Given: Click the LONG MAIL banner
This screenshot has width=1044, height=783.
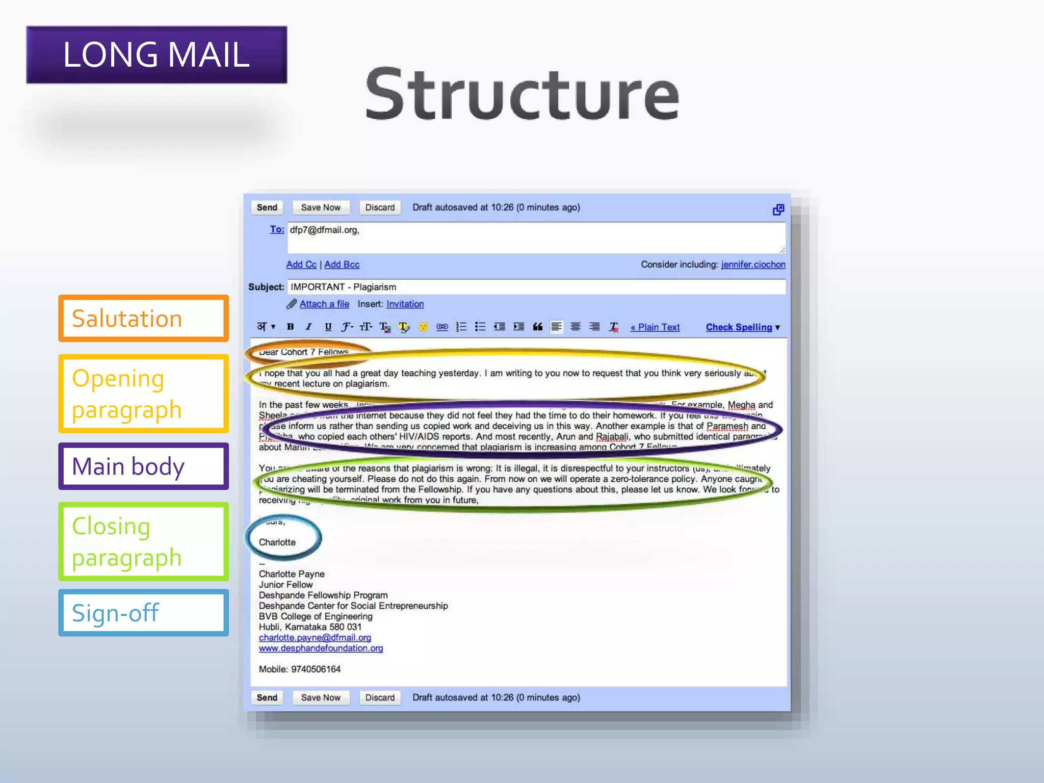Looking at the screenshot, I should tap(156, 55).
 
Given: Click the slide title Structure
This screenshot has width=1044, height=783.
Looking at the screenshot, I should tap(522, 94).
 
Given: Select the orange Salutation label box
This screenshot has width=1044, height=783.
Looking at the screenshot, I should tap(143, 318).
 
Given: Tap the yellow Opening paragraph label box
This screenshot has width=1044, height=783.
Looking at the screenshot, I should tap(143, 394).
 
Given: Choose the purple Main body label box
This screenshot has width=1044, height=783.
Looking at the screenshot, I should tap(143, 466).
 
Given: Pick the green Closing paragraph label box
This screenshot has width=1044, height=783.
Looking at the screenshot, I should tap(143, 541).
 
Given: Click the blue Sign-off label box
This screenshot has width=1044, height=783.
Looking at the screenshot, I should tap(143, 613).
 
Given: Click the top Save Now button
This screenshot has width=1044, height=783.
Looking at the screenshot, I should tap(320, 207).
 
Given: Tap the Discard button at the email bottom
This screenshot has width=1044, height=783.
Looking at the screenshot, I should tap(380, 697).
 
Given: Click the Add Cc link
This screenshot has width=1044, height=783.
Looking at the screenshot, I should tap(301, 265).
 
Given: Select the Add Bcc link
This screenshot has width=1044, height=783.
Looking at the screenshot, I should tap(342, 265).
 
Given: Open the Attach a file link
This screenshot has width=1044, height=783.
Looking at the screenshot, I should tap(324, 304).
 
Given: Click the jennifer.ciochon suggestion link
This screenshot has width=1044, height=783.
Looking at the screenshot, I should tap(753, 265).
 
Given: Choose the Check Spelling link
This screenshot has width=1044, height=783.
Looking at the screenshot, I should tap(739, 327).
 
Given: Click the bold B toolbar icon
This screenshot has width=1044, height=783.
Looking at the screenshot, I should tap(290, 327).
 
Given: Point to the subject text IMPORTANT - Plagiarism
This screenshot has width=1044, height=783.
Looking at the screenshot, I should tap(343, 287).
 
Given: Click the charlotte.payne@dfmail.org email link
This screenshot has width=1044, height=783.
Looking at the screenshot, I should tap(315, 638).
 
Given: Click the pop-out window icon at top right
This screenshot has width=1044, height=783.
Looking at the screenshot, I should tap(778, 210).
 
